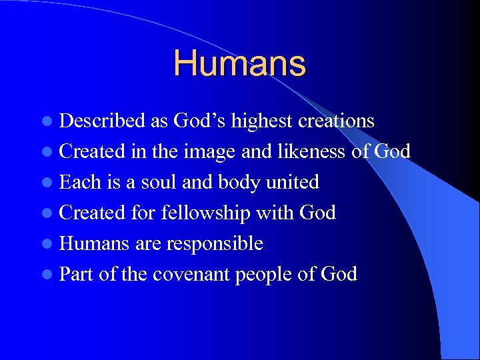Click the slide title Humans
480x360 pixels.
pos(239,64)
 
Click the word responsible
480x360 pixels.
pos(215,244)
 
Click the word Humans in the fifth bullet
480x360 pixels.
pos(95,243)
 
